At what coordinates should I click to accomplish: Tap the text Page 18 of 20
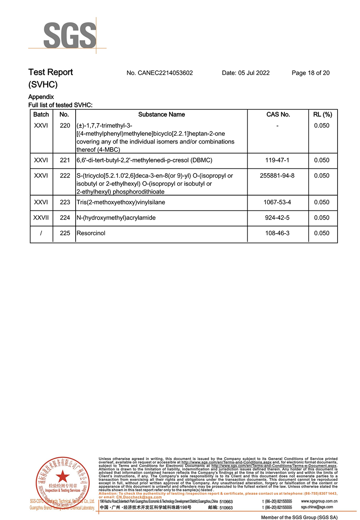pos(310,73)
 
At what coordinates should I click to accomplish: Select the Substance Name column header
pos(162,114)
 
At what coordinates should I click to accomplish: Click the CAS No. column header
pos(278,114)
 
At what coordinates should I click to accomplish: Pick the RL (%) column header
pos(322,114)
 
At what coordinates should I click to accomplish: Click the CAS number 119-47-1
pos(277,160)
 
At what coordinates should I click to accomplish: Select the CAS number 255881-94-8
pos(277,176)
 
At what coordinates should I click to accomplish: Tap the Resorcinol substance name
pos(91,233)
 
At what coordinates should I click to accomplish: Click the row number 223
pos(65,202)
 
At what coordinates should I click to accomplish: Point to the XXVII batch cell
pos(41,218)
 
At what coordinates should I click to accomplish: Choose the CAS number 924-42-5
pos(277,218)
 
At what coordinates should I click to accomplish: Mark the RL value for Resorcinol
pos(322,233)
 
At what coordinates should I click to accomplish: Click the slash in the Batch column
pos(41,233)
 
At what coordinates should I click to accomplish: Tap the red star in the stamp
pos(62,476)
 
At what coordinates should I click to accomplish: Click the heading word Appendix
pos(41,97)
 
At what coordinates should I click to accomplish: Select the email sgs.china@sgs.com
pos(317,507)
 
